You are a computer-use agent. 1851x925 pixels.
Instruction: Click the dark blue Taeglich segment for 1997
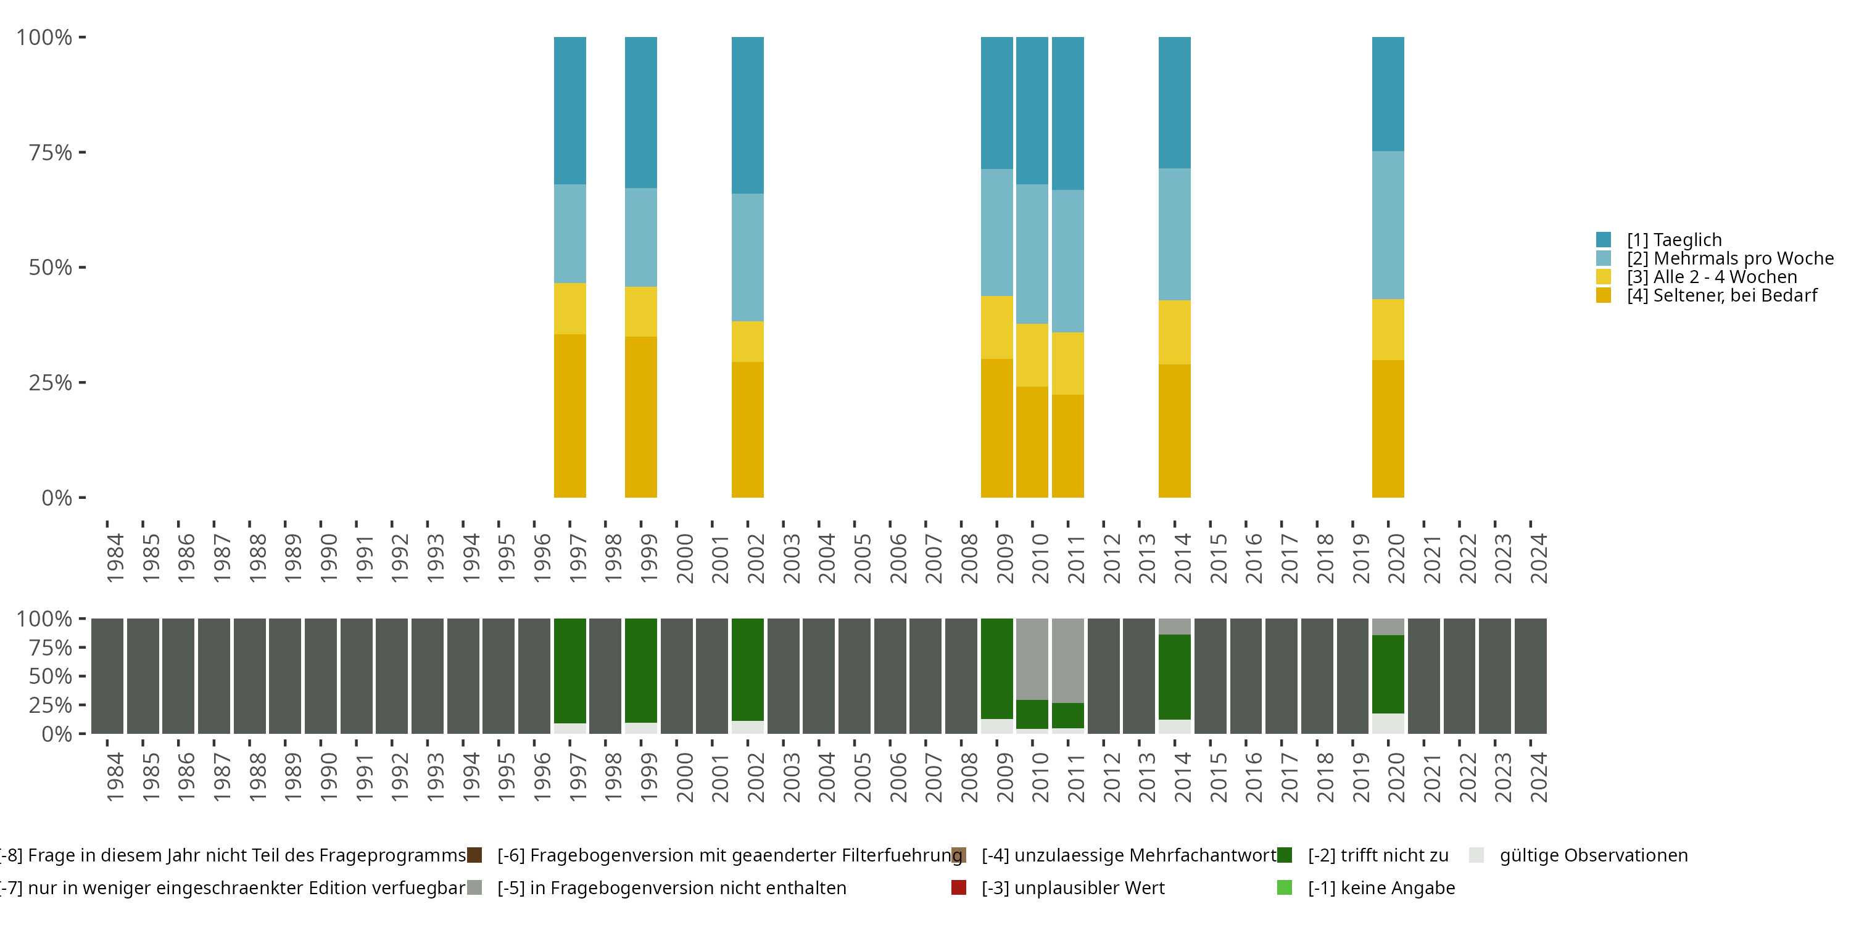point(570,110)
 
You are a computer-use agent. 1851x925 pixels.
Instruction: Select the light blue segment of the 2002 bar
point(747,257)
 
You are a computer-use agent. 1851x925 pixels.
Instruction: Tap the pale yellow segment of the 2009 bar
point(996,327)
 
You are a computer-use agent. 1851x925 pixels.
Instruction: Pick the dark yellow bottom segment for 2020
point(1388,428)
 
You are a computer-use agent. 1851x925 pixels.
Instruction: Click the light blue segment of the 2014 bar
point(1174,234)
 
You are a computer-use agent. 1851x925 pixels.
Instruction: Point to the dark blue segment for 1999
point(641,112)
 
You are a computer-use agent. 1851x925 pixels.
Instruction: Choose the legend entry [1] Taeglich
point(1675,240)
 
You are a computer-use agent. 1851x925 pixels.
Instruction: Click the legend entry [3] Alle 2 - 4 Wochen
point(1712,277)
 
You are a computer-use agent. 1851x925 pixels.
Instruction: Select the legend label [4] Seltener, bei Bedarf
point(1721,296)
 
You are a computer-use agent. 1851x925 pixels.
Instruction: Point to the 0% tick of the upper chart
point(57,498)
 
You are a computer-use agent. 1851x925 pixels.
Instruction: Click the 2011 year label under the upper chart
point(1075,559)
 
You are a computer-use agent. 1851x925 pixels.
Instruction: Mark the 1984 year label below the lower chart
point(115,777)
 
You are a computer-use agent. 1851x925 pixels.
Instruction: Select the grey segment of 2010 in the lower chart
point(1032,659)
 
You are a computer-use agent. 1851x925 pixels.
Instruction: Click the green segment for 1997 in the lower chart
point(570,670)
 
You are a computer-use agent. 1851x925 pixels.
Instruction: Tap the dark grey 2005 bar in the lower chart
point(855,676)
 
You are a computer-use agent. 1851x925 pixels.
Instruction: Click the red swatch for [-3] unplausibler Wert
point(959,887)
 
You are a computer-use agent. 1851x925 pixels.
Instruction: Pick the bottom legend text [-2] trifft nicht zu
point(1378,855)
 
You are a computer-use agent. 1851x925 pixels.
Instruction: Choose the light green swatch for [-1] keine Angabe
point(1285,887)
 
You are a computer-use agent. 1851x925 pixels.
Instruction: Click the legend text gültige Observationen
point(1593,855)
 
